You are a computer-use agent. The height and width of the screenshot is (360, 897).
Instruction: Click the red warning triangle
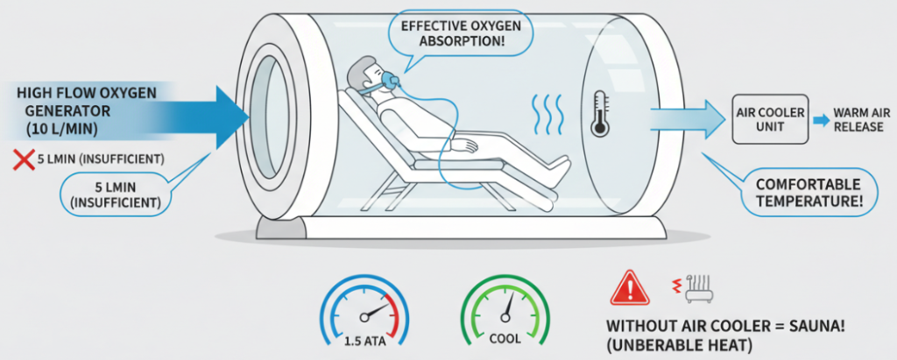click(627, 286)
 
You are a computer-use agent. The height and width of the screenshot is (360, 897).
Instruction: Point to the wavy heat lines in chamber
click(544, 113)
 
